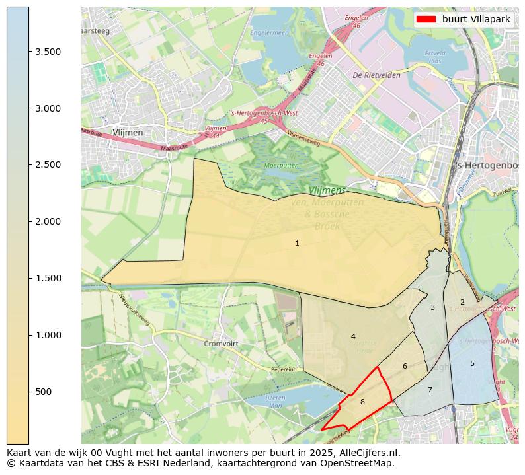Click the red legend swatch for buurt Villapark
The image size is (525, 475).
pos(426,19)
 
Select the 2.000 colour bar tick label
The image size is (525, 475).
pos(47,221)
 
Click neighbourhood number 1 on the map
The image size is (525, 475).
pos(297,244)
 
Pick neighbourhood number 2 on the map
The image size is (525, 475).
pos(462,302)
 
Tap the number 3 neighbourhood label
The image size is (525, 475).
pos(432,307)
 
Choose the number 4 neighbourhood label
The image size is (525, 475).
pos(353,336)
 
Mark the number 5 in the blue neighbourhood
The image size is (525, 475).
pos(472,363)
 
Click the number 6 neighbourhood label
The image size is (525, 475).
pos(405,366)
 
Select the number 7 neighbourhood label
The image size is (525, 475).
pos(430,390)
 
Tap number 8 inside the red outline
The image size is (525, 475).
pos(362,402)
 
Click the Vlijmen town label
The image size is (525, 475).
pos(128,133)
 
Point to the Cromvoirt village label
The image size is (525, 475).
pos(220,344)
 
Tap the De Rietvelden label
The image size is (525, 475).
pos(376,75)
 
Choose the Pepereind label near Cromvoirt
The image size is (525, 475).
pos(284,370)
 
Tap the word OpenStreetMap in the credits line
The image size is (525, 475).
pos(362,463)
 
